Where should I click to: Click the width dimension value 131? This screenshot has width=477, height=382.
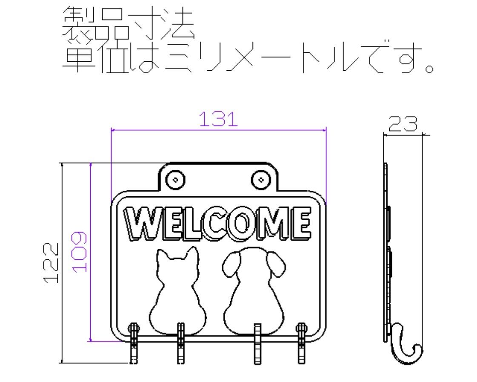[x=219, y=120]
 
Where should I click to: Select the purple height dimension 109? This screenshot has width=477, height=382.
[x=80, y=252]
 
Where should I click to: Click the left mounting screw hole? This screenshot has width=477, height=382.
[x=175, y=179]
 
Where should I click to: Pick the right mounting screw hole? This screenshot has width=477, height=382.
[x=260, y=179]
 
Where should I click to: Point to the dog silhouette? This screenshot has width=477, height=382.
[x=254, y=298]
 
